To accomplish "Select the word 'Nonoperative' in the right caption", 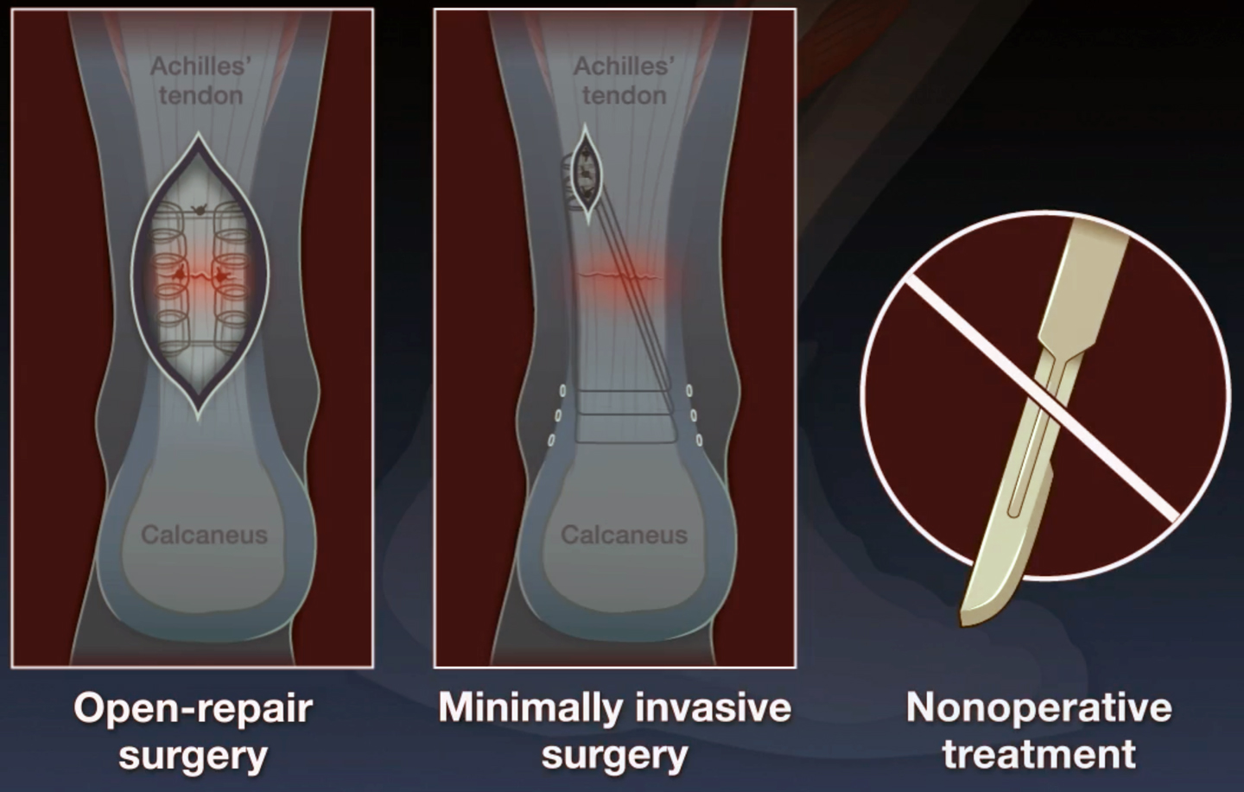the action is pos(1039,707).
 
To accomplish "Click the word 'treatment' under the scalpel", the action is pos(1039,754).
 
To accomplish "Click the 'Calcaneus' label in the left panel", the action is pos(205,535).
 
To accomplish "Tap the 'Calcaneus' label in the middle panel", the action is pos(625,535).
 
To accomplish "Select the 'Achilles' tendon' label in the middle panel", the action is pos(625,81).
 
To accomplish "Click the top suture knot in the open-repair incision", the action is pos(199,209).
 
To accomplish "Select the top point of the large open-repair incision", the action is pos(199,133).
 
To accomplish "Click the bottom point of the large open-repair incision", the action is pos(199,418).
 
